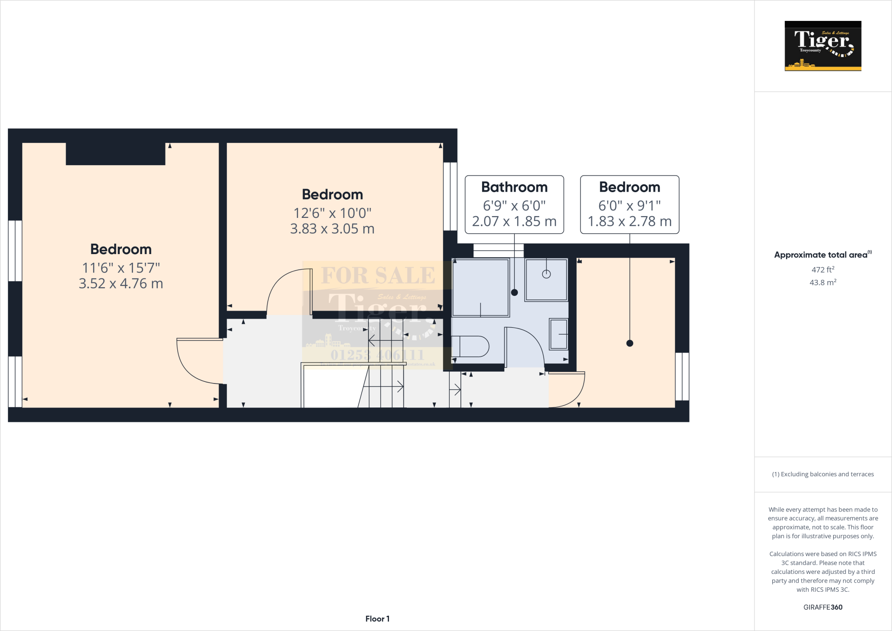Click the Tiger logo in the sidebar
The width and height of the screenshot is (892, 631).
(823, 46)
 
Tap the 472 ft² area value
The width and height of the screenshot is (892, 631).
(823, 270)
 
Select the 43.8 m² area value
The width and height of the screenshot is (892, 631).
(823, 282)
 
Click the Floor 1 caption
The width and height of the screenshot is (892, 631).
(377, 619)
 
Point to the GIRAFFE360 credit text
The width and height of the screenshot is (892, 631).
(823, 607)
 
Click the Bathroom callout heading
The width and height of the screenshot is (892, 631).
(514, 187)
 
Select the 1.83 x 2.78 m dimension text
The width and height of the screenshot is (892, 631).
(629, 221)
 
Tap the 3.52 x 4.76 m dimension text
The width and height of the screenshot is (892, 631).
(121, 284)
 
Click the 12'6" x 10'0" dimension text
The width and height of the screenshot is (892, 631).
(332, 213)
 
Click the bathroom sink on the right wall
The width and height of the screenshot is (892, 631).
(558, 334)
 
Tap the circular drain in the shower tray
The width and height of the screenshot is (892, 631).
(546, 274)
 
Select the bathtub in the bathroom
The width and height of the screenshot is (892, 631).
(480, 288)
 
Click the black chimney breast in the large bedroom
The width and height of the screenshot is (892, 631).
(115, 154)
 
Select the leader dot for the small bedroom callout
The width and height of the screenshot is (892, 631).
(629, 343)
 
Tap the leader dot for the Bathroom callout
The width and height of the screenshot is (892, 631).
(514, 292)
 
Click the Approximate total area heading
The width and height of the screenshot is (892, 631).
(821, 255)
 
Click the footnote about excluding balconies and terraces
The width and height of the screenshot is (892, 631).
(823, 474)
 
